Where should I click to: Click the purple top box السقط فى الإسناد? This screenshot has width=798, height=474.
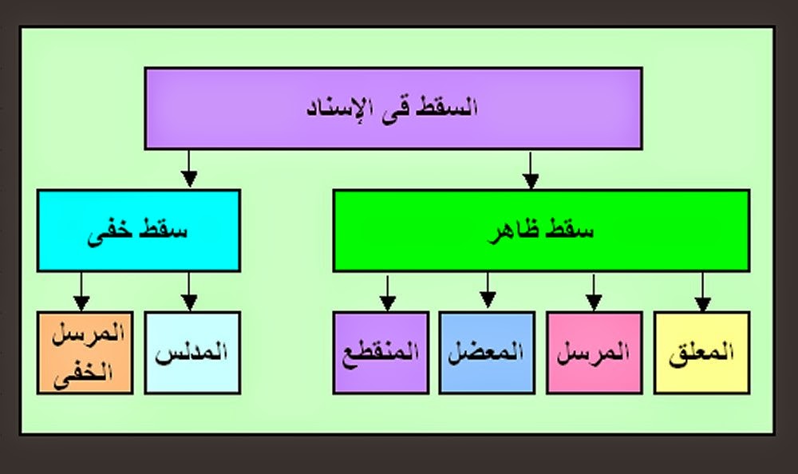[x=393, y=108]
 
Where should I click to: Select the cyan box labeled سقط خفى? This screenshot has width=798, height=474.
[x=138, y=231]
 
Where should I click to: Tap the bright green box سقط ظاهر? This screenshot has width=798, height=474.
[x=540, y=231]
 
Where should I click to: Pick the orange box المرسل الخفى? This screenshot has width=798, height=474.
[x=84, y=352]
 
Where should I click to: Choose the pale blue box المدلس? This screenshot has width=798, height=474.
[x=192, y=352]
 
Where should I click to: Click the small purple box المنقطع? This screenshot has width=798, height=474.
[x=381, y=352]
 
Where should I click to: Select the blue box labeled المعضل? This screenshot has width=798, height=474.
[x=487, y=352]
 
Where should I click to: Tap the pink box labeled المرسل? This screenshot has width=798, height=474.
[x=594, y=352]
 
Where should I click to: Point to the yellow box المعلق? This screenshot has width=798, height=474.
[x=701, y=352]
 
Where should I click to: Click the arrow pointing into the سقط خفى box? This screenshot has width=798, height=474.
[x=188, y=168]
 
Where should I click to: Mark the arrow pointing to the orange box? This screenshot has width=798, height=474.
[x=81, y=291]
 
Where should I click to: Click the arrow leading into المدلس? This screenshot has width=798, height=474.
[x=189, y=291]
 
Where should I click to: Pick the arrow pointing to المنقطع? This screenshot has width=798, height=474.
[x=388, y=291]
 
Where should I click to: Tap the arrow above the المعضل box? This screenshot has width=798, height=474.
[x=488, y=291]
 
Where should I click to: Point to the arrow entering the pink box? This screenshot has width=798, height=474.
[x=593, y=291]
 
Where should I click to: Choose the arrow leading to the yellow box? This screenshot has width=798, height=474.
[x=702, y=291]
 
